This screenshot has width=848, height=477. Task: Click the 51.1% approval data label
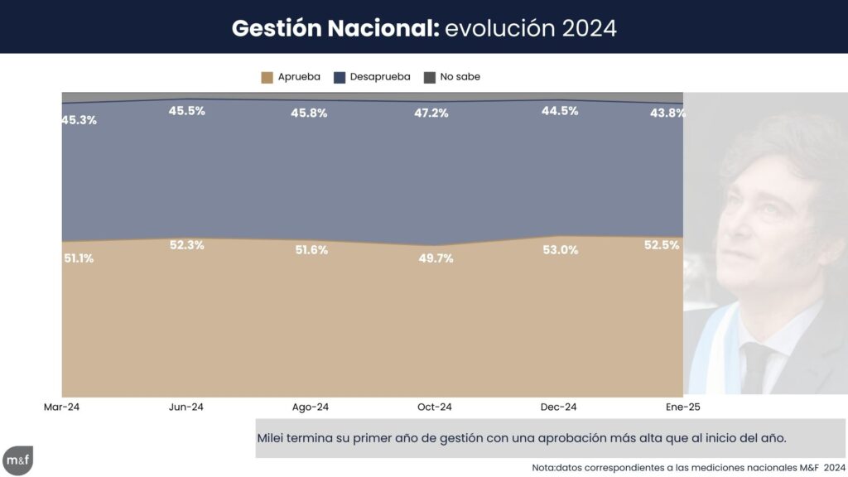click(79, 258)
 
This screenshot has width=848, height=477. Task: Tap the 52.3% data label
click(186, 245)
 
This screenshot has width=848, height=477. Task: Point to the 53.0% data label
click(559, 250)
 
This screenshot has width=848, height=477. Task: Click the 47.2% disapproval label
click(431, 113)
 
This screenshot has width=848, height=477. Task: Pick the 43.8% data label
click(667, 113)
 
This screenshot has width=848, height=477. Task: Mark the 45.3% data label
click(79, 120)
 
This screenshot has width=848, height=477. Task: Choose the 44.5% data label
click(559, 111)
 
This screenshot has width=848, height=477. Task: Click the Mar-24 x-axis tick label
click(62, 407)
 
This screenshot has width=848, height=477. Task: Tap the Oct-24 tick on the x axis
click(435, 407)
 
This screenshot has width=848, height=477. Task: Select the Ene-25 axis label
click(683, 407)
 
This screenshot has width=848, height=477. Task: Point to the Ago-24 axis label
click(311, 407)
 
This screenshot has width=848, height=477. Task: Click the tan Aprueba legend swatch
click(267, 77)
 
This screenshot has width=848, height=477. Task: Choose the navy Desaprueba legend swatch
click(340, 77)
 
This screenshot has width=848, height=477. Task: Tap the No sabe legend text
click(460, 77)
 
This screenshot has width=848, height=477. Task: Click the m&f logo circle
click(17, 460)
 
